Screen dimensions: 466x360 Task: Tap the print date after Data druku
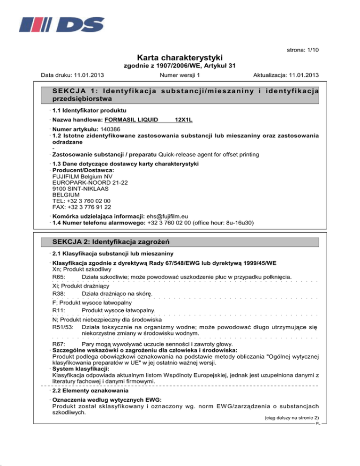click(88, 75)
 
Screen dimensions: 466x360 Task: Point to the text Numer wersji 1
click(180, 75)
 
